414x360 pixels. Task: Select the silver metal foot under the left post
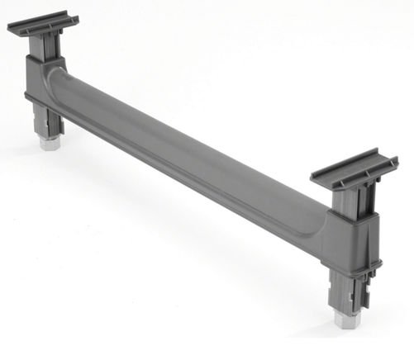(48, 141)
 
